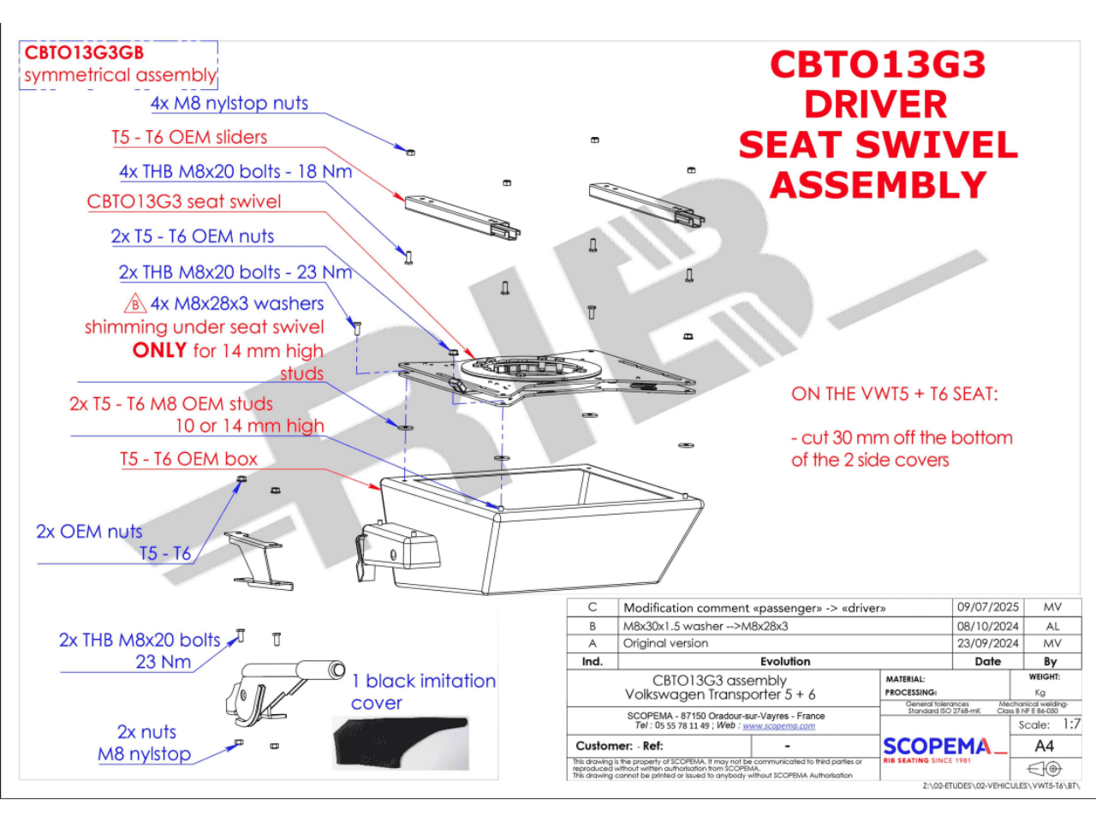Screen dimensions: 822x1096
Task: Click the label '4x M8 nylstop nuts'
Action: pos(229,104)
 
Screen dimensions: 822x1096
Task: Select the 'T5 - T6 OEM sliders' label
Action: pos(189,137)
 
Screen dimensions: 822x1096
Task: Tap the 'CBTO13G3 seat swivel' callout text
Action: pos(184,202)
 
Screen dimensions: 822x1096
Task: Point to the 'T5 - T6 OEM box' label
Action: pos(188,459)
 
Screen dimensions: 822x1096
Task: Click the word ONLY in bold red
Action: pos(160,350)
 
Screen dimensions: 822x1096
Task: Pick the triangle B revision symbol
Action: pos(135,304)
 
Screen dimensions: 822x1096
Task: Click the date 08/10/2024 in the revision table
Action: pos(987,626)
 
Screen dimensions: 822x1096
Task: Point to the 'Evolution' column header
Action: pos(784,661)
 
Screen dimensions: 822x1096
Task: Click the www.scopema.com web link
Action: pos(778,726)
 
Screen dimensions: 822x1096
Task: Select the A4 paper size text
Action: pos(1045,746)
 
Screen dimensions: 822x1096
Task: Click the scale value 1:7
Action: pos(1071,724)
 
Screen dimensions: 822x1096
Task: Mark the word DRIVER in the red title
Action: pos(875,104)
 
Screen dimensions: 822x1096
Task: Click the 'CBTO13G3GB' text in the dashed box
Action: pos(84,53)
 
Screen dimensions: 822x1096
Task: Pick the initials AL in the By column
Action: pos(1052,626)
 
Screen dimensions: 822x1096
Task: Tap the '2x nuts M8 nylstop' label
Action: pos(146,743)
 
